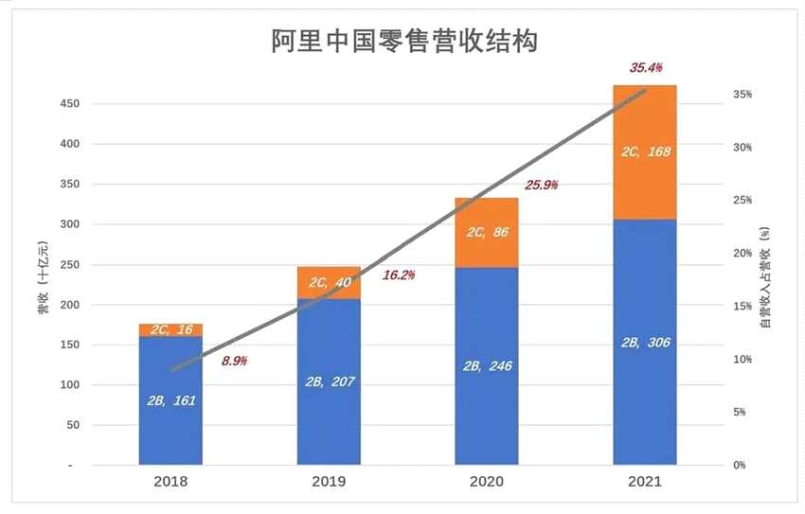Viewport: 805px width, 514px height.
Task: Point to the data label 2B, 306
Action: pos(644,342)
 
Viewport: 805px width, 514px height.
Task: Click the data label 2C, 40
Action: pos(329,282)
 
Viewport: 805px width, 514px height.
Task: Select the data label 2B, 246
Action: pos(487,365)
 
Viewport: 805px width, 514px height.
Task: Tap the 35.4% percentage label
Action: pos(646,67)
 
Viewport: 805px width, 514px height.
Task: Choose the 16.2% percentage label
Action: pos(399,275)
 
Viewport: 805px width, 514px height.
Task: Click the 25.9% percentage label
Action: pos(541,185)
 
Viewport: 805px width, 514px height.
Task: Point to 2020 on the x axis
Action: pos(487,481)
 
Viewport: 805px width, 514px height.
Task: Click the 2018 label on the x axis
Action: pos(170,481)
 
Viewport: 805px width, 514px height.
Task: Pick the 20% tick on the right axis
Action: pos(742,254)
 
